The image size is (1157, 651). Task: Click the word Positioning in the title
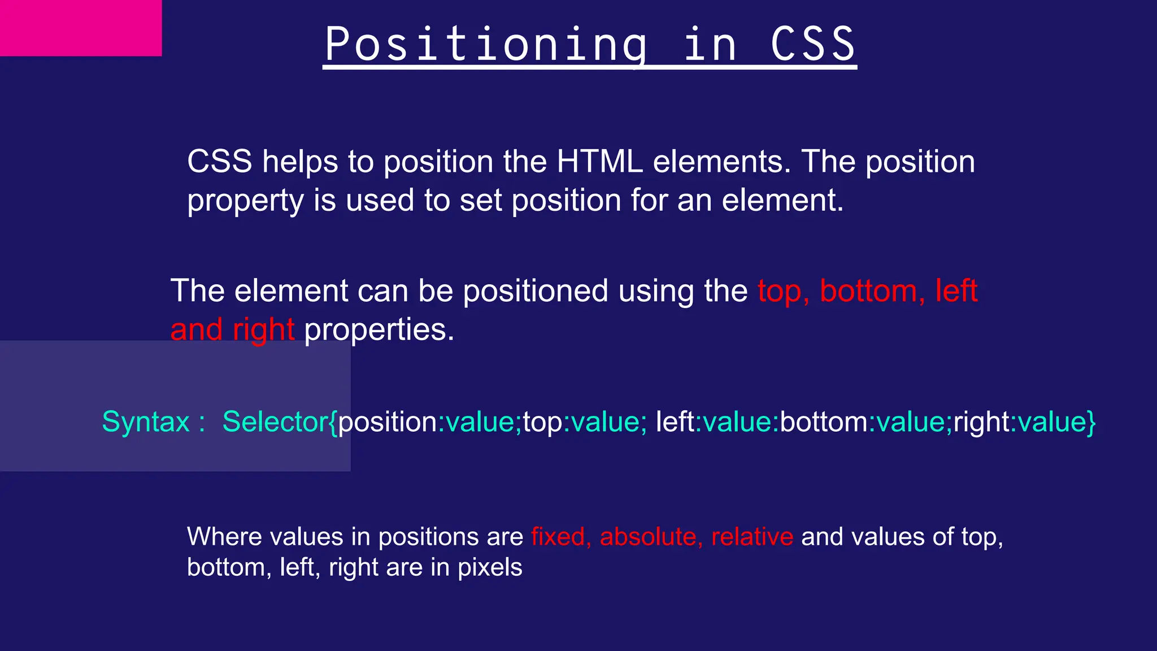click(486, 45)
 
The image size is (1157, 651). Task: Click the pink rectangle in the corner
click(80, 28)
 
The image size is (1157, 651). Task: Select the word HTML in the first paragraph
click(599, 162)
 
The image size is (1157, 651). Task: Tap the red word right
click(263, 329)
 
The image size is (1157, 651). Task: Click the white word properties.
click(379, 329)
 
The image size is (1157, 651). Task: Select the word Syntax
click(146, 422)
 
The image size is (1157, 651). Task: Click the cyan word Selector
click(275, 422)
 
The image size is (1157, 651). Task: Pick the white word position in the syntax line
click(388, 422)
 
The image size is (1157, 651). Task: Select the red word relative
click(752, 537)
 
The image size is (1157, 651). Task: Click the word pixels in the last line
click(490, 567)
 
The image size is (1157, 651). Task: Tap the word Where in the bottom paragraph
click(224, 537)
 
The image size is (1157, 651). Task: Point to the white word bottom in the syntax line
click(824, 422)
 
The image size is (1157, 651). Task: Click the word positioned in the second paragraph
click(535, 292)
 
